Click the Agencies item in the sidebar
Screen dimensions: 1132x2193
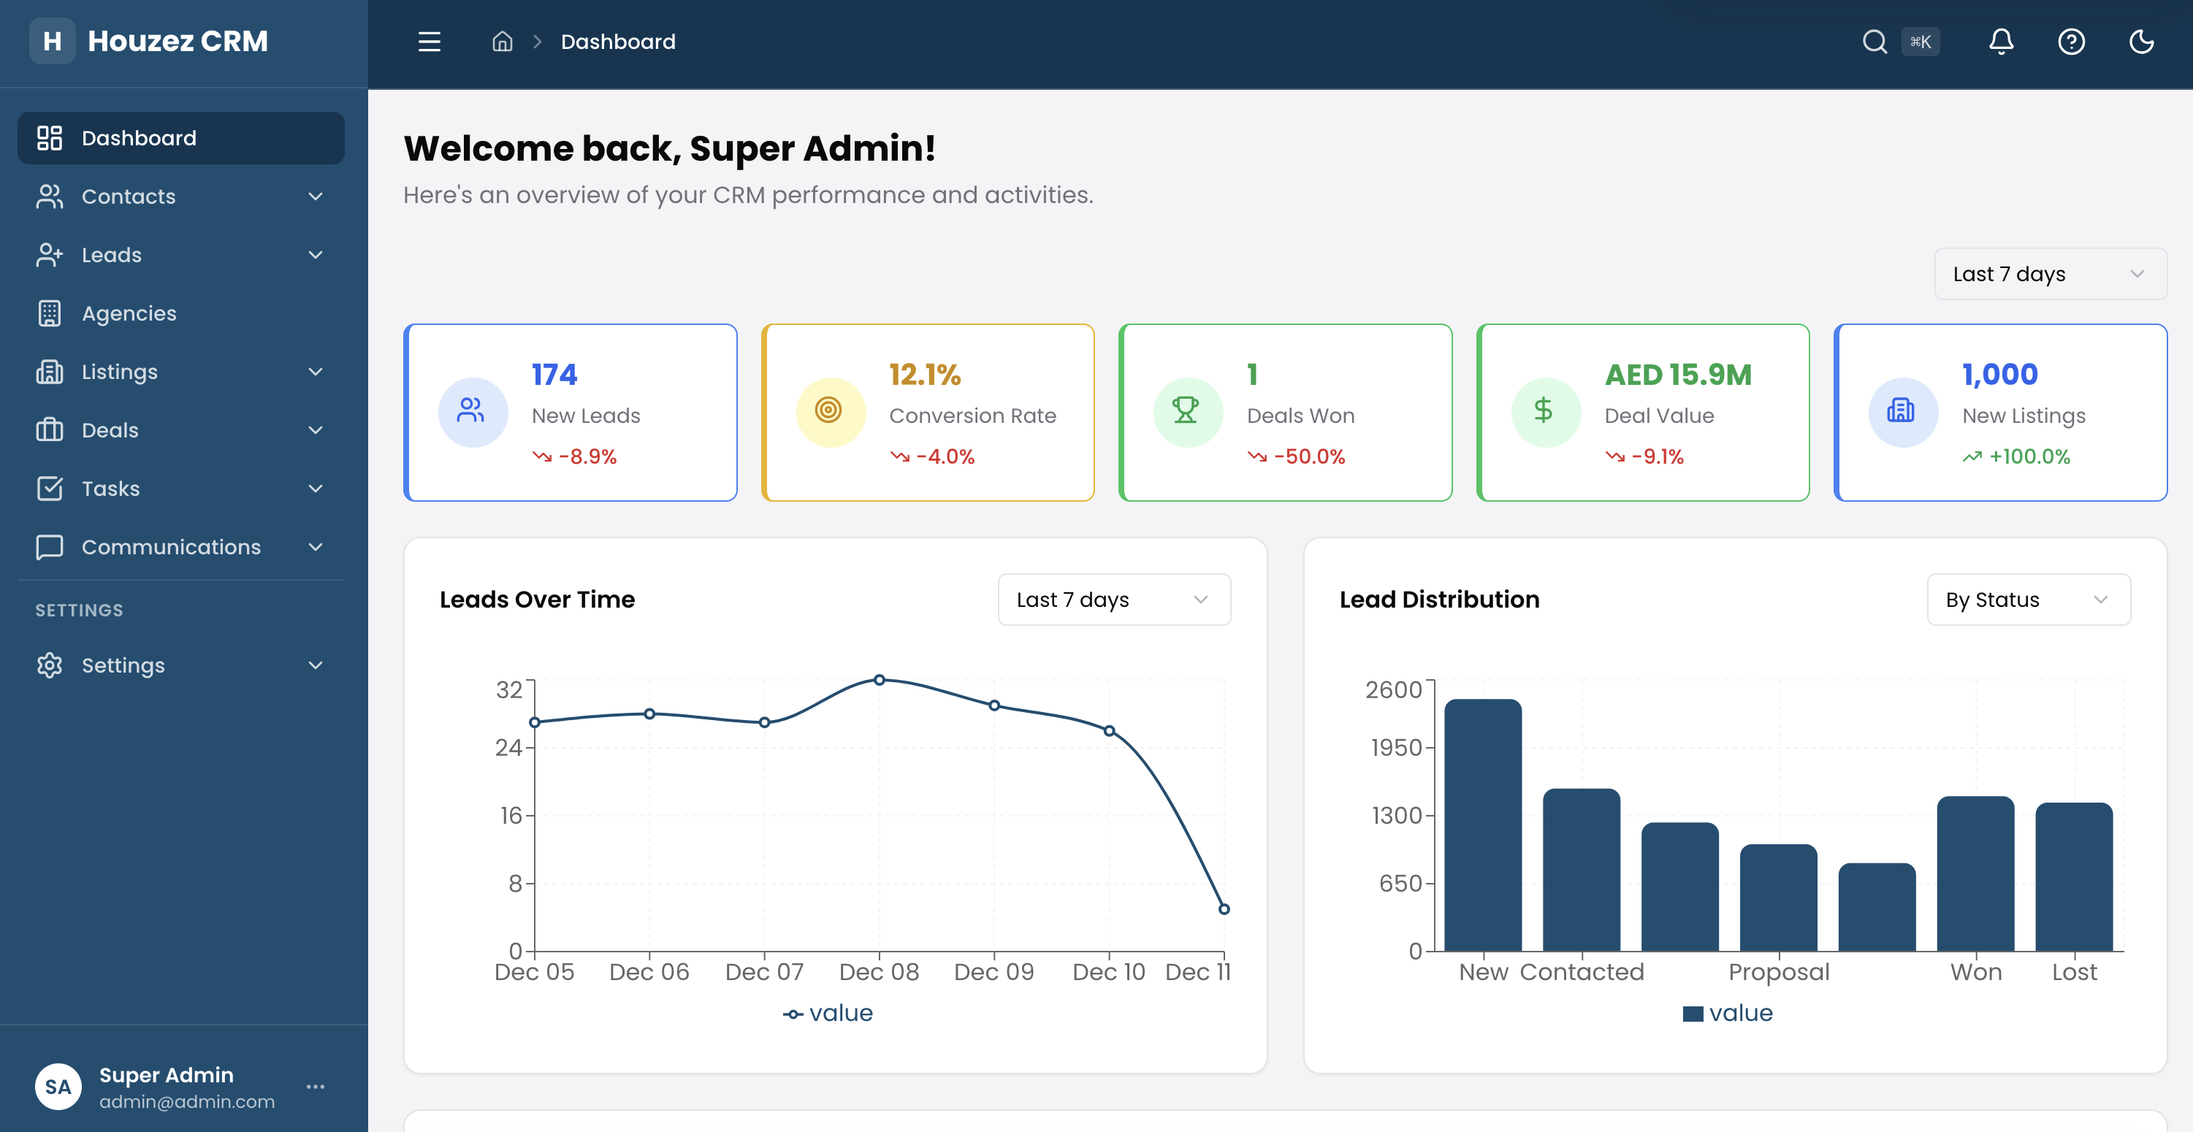tap(129, 313)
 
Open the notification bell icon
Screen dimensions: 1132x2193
tap(2001, 41)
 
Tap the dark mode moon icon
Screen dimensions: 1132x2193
tap(2141, 41)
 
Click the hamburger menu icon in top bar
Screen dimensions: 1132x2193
tap(429, 41)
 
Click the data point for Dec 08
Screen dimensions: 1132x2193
tap(880, 679)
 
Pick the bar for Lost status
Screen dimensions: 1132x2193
tap(2074, 876)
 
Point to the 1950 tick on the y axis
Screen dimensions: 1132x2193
tap(1396, 747)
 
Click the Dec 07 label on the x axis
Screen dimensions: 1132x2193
tap(763, 972)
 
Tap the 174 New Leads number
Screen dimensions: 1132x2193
tap(554, 375)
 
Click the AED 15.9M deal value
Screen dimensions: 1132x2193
tap(1678, 375)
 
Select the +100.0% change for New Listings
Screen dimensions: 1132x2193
tap(2029, 456)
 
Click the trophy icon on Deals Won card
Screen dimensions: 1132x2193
tap(1186, 411)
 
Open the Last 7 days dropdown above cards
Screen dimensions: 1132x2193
tap(2050, 274)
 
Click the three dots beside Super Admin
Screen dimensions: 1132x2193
tap(315, 1086)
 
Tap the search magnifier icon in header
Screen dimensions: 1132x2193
tap(1874, 41)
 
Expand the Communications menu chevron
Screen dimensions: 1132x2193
tap(315, 546)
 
